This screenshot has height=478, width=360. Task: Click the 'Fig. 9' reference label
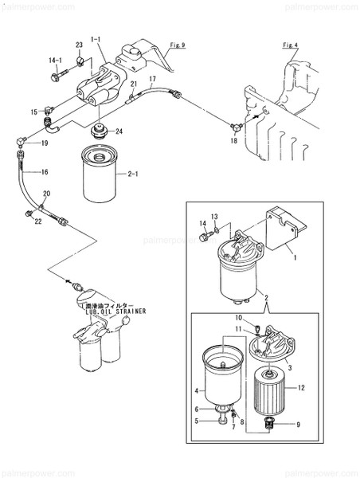pyautogui.click(x=178, y=46)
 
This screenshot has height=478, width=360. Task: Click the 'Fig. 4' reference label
pyautogui.click(x=290, y=45)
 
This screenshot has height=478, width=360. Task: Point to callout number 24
pyautogui.click(x=119, y=132)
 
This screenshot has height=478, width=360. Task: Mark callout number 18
pyautogui.click(x=233, y=140)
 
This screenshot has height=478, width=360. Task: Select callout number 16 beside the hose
pyautogui.click(x=45, y=171)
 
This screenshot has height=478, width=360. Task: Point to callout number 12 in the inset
pyautogui.click(x=323, y=388)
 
